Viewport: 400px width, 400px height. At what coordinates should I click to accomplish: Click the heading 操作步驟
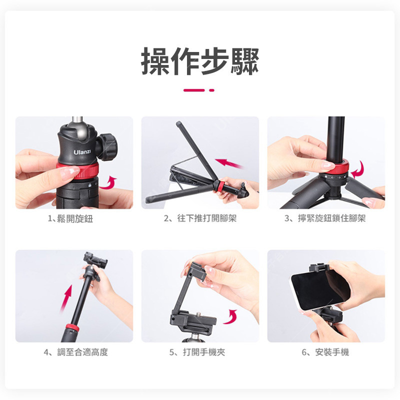coord(200,61)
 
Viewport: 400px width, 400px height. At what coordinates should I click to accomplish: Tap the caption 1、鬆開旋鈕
coord(70,218)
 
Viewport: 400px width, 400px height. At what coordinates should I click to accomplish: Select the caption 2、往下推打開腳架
coord(200,218)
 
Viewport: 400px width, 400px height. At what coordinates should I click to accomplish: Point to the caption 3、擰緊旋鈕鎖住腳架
coord(325,218)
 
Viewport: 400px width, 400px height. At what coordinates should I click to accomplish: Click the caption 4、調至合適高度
coord(76,352)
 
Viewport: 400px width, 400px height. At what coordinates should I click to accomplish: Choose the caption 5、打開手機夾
coord(197,352)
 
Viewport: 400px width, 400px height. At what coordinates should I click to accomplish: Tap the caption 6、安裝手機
coord(325,352)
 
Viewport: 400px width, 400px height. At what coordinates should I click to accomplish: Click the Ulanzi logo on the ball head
coord(82,152)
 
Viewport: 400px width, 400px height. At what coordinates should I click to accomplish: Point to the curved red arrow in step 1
coord(108,182)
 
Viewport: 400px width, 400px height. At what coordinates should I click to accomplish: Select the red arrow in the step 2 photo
coord(228,163)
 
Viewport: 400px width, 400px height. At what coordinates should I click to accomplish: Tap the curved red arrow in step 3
coord(359,170)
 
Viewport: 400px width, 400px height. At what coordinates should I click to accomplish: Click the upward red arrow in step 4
coord(66,298)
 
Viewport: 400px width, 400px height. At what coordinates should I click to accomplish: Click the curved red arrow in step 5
coord(231,317)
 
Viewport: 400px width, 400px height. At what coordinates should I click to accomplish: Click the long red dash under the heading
coord(194,90)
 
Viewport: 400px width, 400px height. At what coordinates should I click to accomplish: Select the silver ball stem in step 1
coord(77,121)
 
